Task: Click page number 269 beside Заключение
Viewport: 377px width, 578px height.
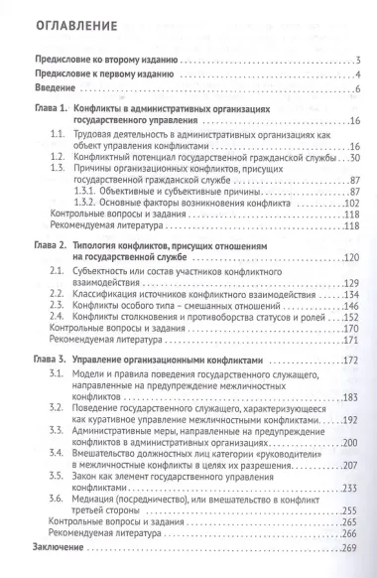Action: tap(349, 548)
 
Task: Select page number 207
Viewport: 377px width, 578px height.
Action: tap(349, 467)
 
